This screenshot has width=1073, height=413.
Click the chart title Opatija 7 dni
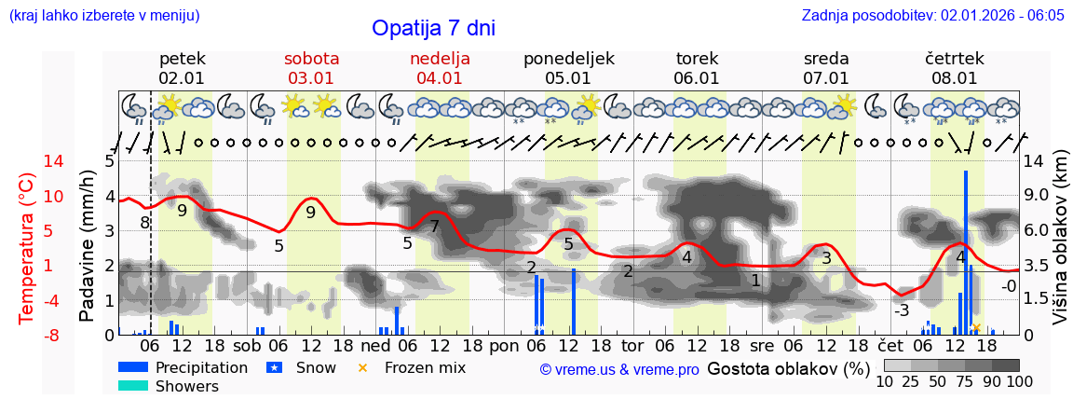[x=433, y=28]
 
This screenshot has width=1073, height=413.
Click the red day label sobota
[x=311, y=59]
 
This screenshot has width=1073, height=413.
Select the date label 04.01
[x=440, y=78]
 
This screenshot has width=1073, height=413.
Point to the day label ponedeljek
[x=568, y=59]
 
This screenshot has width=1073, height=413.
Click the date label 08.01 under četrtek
[x=954, y=78]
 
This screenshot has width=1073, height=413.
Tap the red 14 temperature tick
[x=28, y=161]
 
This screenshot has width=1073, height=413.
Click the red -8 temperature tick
[x=28, y=335]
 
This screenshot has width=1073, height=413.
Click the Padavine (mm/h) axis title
[x=87, y=246]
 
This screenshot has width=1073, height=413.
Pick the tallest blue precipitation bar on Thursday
[x=966, y=252]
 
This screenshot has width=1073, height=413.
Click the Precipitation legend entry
[x=201, y=367]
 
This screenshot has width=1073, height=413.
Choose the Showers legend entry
[x=186, y=386]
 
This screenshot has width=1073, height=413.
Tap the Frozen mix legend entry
[x=425, y=367]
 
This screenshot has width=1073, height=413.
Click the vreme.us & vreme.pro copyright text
[x=619, y=369]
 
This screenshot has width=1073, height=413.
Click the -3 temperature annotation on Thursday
[x=901, y=310]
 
